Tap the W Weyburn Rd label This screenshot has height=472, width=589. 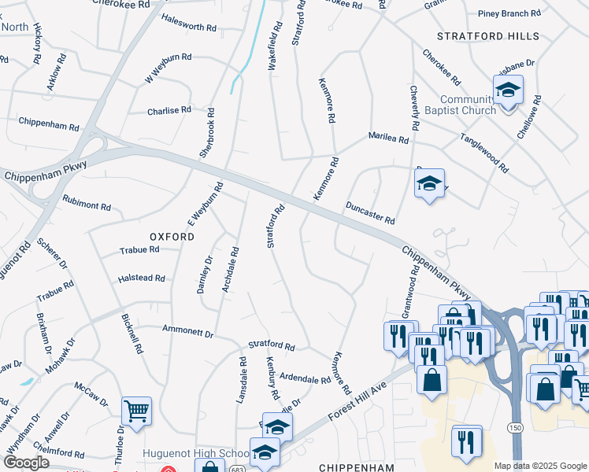168,68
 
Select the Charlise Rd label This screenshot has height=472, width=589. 169,111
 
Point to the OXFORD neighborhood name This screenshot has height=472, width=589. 172,236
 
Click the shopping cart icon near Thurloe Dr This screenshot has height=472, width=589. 136,411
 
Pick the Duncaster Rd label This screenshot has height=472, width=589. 370,212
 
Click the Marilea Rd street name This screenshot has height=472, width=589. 389,139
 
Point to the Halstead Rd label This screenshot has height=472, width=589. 141,278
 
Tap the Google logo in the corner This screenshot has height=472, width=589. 25,463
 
